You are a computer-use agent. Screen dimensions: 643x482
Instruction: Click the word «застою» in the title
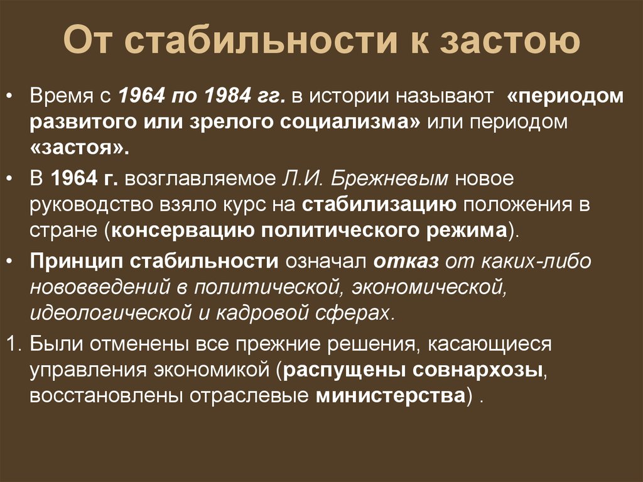[x=510, y=40]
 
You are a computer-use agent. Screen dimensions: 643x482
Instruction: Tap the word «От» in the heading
[x=87, y=40]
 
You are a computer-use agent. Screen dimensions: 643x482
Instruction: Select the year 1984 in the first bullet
[x=227, y=96]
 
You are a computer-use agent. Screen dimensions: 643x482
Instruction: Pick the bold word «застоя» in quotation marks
[x=80, y=148]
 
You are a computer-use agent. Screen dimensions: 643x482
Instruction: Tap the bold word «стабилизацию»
[x=379, y=205]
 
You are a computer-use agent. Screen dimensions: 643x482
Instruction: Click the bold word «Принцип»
[x=76, y=261]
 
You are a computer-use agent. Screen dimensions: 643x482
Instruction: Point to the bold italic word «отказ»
[x=406, y=261]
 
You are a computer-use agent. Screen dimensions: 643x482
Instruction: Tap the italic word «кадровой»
[x=262, y=313]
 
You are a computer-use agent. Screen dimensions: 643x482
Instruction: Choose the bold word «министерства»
[x=391, y=395]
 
